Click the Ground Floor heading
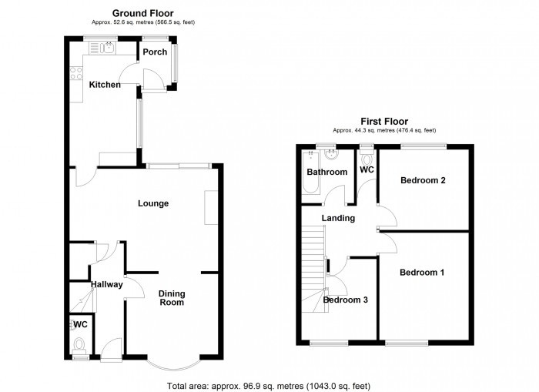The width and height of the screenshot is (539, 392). point(142,13)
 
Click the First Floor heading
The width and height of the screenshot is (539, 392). point(385,121)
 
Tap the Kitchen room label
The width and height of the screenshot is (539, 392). point(105,84)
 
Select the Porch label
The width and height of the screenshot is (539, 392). point(154,52)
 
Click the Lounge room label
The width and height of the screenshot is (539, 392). point(153,203)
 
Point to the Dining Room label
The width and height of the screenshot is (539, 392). point(171,298)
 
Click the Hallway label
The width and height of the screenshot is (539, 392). point(107,285)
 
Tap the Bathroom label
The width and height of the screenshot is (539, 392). point(327,172)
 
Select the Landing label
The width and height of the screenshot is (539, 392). point(338,218)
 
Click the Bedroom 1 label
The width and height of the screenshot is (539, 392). point(421,273)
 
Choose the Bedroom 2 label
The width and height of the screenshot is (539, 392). point(423,181)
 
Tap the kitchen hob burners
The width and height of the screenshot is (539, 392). point(76,74)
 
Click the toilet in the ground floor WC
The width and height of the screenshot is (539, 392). point(78,346)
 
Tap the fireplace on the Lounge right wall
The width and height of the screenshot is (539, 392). point(210,208)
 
